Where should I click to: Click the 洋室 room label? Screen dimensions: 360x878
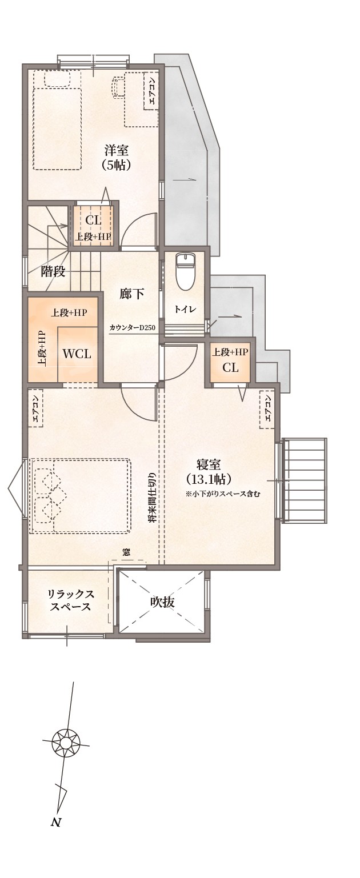tap(117, 150)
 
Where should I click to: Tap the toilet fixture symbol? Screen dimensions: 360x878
tap(183, 271)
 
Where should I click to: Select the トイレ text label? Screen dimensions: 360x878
tap(185, 309)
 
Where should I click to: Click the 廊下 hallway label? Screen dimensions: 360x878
tap(132, 294)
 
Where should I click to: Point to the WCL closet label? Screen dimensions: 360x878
tap(77, 354)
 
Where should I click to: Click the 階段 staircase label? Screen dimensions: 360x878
tap(53, 272)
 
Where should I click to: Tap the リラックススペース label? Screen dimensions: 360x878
tap(71, 600)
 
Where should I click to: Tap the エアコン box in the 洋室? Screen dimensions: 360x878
tap(153, 91)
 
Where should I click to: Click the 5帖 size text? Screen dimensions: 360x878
tap(116, 165)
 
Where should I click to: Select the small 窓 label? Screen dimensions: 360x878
tap(126, 552)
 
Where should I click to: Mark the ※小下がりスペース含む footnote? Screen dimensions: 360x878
tap(223, 494)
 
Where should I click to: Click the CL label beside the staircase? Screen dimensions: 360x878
tap(93, 220)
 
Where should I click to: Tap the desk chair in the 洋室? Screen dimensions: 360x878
tap(118, 86)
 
